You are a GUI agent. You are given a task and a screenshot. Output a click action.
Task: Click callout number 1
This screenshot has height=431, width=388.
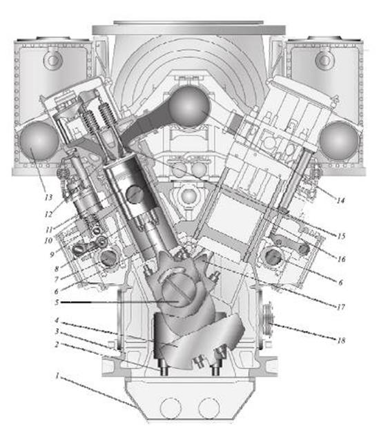pyautogui.click(x=57, y=376)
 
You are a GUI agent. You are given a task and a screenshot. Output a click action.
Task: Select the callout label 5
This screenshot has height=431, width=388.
pyautogui.click(x=57, y=303)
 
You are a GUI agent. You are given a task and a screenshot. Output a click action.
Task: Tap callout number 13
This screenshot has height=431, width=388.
pyautogui.click(x=48, y=197)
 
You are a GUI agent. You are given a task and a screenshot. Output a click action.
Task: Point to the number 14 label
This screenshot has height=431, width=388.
pyautogui.click(x=340, y=200)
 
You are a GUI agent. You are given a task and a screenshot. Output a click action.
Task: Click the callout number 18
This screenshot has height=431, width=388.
pyautogui.click(x=341, y=341)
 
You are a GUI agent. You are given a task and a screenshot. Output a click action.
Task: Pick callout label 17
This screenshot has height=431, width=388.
pyautogui.click(x=341, y=307)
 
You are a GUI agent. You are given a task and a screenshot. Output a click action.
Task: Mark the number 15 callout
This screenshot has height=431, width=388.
pyautogui.click(x=341, y=236)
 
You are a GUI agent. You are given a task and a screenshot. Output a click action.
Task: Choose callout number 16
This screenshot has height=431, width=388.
pyautogui.click(x=341, y=259)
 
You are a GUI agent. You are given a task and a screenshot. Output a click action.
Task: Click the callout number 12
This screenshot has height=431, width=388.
pyautogui.click(x=48, y=214)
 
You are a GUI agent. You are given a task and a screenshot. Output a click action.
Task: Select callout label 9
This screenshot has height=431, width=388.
pyautogui.click(x=52, y=255)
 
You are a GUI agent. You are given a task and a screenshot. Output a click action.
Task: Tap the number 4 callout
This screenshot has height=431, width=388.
pyautogui.click(x=57, y=320)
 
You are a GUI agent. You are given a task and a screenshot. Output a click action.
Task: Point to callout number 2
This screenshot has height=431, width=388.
pyautogui.click(x=57, y=345)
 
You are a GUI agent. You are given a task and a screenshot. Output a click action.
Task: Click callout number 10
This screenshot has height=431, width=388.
pyautogui.click(x=48, y=240)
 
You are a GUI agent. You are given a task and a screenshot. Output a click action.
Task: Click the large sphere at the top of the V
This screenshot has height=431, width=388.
pyautogui.click(x=189, y=106)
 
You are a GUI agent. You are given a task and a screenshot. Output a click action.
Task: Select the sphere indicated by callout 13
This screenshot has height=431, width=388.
pyautogui.click(x=39, y=141)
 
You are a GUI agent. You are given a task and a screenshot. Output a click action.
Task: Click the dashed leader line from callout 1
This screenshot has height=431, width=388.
pyautogui.click(x=98, y=392)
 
